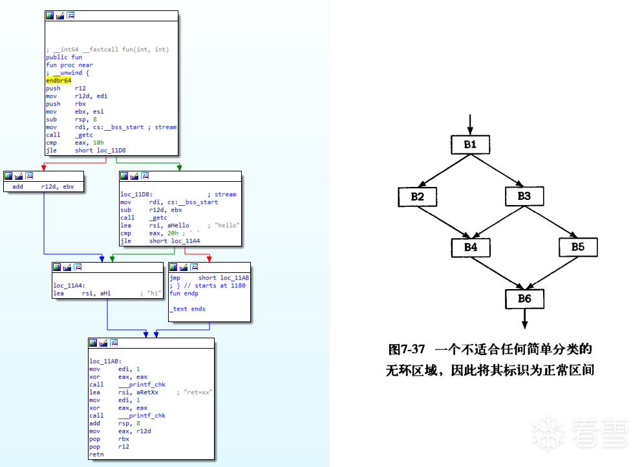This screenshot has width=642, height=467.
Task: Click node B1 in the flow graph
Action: coord(470,144)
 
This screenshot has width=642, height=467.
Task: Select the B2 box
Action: coord(417,196)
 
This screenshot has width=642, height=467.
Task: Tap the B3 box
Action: coord(524,196)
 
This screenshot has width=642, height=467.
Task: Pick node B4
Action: coord(470,247)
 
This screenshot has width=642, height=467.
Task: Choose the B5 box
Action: coord(577,247)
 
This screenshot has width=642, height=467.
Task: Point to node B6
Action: coord(524,298)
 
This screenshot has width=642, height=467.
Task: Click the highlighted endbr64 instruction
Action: coord(58,80)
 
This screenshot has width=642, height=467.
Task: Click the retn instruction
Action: coord(96,455)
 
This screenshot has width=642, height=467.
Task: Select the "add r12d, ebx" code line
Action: coord(43,186)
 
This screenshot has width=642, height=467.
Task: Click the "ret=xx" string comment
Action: coord(198,392)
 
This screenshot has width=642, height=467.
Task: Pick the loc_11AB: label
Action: coord(105,361)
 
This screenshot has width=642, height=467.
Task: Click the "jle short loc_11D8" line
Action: coord(86,150)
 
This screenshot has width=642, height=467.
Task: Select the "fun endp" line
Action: coord(184,293)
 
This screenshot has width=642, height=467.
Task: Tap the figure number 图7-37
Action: coord(407,349)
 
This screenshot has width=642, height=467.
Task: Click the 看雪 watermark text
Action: coord(601,432)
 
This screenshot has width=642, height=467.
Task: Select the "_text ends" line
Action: coord(187,309)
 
